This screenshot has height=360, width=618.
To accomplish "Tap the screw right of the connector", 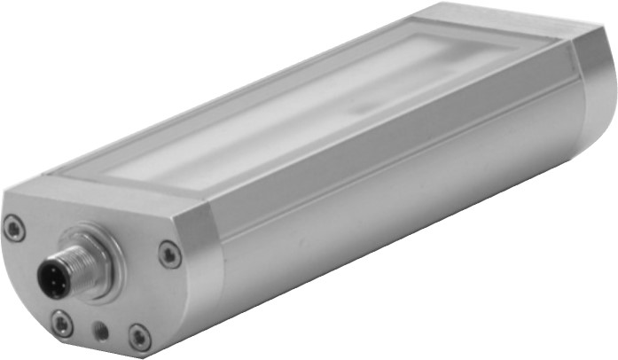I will (169, 255).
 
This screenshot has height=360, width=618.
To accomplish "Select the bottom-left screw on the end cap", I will (62, 324).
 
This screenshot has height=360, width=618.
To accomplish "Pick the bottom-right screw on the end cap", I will (139, 336).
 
